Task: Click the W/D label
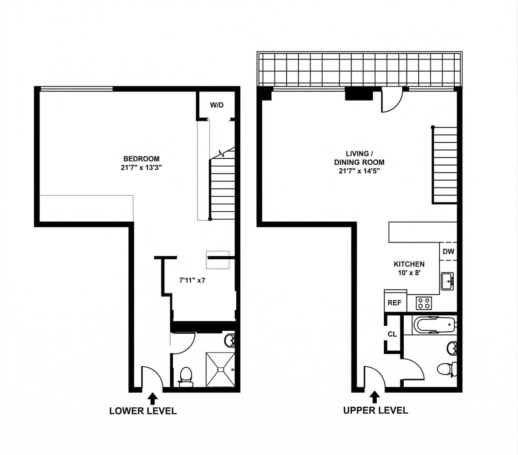(x=217, y=106)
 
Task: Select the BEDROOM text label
(x=142, y=159)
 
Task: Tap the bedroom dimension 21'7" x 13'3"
(x=142, y=167)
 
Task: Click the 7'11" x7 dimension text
(x=192, y=280)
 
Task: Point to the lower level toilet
(x=186, y=377)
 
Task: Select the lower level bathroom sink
(x=230, y=340)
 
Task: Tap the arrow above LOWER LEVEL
(x=153, y=399)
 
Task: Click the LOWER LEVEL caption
(x=143, y=411)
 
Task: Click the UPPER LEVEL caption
(x=376, y=410)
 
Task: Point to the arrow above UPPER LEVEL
(x=375, y=398)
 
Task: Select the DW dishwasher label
(x=448, y=251)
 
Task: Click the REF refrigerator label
(x=394, y=303)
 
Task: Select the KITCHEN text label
(x=409, y=264)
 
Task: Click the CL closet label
(x=392, y=334)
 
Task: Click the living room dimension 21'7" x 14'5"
(x=359, y=171)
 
